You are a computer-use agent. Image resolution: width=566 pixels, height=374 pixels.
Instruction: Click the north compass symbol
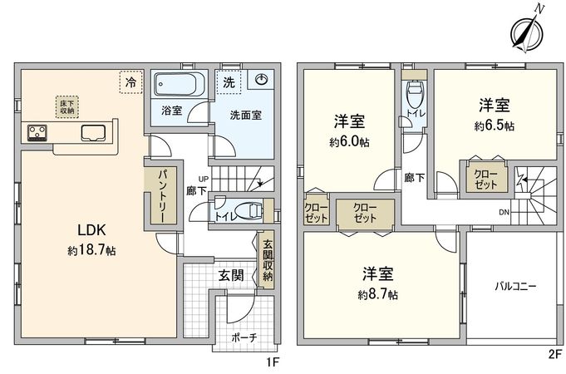(528, 34)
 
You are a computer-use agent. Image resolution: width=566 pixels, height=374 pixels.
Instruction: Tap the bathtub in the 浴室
(175, 84)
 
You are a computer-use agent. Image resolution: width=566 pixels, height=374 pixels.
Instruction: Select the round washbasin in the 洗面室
(261, 79)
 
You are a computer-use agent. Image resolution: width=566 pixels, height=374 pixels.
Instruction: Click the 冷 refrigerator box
(131, 82)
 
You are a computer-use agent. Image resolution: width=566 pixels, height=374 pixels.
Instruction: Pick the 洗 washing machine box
(229, 82)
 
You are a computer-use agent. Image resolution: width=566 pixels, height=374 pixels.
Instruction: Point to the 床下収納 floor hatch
(67, 107)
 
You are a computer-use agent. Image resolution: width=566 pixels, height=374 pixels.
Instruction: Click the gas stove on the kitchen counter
(37, 132)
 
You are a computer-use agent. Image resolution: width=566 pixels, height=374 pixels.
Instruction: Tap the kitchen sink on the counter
(93, 132)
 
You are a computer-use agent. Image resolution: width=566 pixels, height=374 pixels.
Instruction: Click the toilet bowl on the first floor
(248, 210)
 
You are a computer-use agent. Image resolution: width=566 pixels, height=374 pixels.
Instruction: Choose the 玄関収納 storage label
(268, 260)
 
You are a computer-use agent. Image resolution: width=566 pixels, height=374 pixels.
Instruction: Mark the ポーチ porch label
(244, 337)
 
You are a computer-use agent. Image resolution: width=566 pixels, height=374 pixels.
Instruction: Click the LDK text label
(91, 230)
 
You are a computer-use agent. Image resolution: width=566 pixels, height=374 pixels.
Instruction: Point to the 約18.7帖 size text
(91, 250)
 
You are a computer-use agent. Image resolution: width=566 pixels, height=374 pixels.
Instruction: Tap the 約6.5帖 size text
(495, 125)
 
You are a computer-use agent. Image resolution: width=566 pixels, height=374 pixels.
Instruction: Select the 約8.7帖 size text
(378, 294)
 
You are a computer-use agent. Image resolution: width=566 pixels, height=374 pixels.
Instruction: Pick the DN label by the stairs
(504, 213)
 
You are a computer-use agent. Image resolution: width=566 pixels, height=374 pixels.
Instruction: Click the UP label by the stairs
(204, 179)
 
